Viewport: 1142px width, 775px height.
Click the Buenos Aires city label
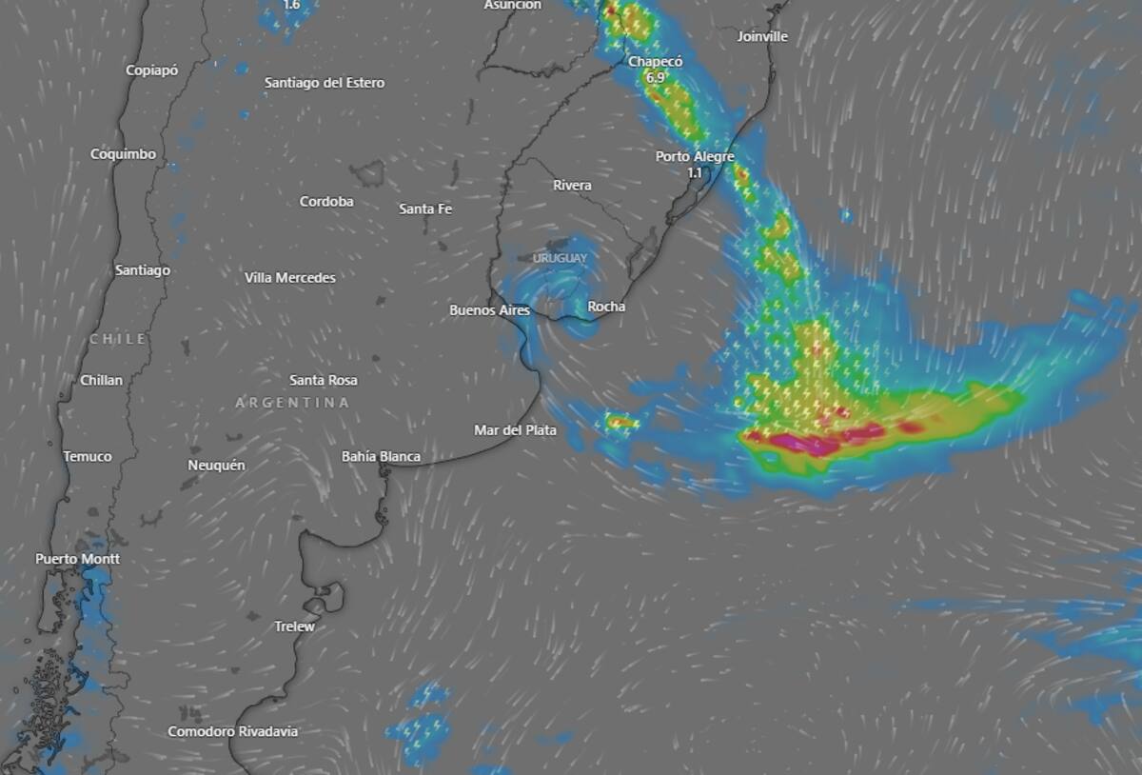(489, 310)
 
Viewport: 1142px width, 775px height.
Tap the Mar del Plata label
(515, 430)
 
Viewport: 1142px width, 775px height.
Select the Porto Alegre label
(695, 157)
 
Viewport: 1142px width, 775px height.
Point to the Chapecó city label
(655, 62)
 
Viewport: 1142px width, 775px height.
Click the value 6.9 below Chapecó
(655, 77)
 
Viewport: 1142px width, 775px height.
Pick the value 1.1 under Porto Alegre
(695, 173)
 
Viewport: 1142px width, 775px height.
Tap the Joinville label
(762, 37)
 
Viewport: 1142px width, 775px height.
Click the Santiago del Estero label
(325, 83)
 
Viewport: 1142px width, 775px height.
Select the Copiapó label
(152, 70)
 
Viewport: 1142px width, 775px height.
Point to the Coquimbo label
(123, 154)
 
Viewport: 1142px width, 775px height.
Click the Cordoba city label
(326, 202)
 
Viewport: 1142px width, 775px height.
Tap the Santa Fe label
(425, 209)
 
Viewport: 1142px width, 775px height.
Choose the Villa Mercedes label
(290, 278)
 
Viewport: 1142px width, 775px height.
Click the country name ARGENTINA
(292, 404)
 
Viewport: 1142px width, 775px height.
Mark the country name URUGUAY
(561, 259)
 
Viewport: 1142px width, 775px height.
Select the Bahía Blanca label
(381, 457)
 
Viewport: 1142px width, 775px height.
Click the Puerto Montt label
(78, 559)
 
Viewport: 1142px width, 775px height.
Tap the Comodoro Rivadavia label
(233, 732)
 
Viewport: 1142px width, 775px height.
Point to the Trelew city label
(294, 626)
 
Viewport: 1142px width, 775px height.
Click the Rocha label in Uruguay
(606, 307)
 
